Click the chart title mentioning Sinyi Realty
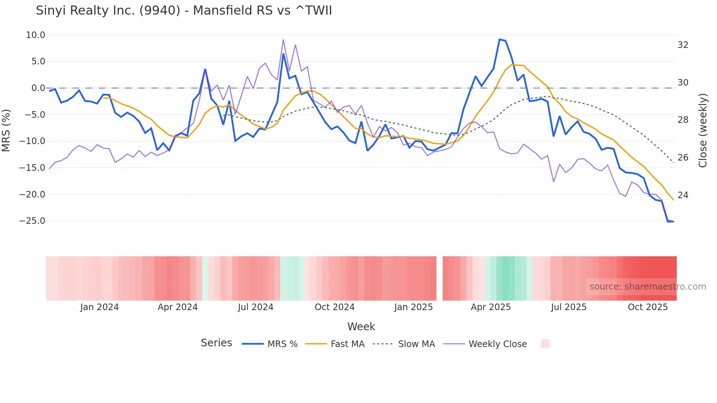tap(184, 11)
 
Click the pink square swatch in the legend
tap(545, 344)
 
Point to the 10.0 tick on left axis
tap(35, 35)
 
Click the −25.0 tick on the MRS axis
tap(32, 221)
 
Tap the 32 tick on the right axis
tap(683, 45)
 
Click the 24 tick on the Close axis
tap(683, 195)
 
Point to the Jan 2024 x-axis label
tap(100, 307)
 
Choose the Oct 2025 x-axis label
tap(647, 307)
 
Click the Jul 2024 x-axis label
tap(255, 307)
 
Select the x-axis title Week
tap(361, 327)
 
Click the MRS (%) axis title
tap(6, 130)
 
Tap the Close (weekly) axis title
tap(702, 131)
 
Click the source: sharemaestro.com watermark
tap(647, 287)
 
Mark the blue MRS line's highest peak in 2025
tap(500, 39)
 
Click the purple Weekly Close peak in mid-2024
tap(283, 40)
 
